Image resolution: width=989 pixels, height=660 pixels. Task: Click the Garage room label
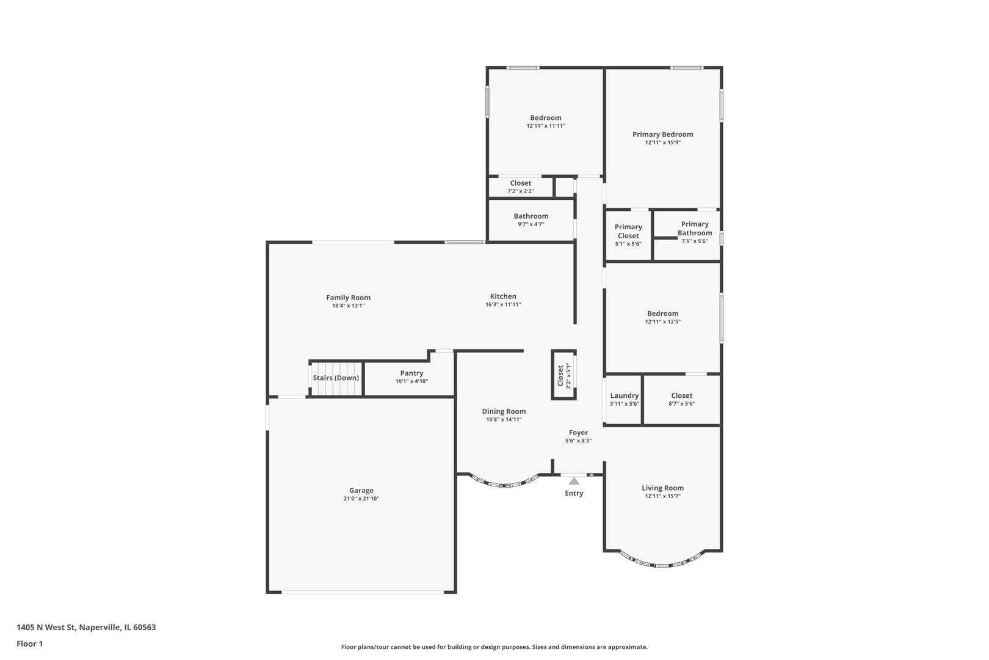click(x=361, y=490)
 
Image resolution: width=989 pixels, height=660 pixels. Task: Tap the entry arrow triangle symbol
click(x=574, y=481)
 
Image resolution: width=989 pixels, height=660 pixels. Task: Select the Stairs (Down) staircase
click(x=336, y=378)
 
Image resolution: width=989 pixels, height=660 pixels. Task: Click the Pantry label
click(x=411, y=373)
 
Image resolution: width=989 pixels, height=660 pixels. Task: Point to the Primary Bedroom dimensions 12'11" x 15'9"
click(x=662, y=142)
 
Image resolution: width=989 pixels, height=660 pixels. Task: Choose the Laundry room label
click(x=624, y=395)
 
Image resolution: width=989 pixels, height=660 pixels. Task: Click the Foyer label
click(x=578, y=433)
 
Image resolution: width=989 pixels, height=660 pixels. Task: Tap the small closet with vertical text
click(x=563, y=375)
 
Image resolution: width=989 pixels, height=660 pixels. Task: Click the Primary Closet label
click(x=628, y=231)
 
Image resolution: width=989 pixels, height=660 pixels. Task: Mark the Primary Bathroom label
click(x=695, y=228)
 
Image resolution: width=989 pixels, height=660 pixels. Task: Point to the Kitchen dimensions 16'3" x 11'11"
click(x=503, y=304)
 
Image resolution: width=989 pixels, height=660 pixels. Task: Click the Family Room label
click(x=348, y=298)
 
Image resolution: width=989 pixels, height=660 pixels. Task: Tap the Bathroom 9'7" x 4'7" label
click(x=531, y=216)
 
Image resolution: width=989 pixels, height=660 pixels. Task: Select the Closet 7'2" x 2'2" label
click(x=520, y=183)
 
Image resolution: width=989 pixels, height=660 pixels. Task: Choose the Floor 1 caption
click(x=29, y=643)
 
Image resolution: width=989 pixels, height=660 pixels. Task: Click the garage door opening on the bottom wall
click(x=363, y=592)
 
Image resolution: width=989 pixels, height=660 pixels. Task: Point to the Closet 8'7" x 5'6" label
click(x=681, y=395)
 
